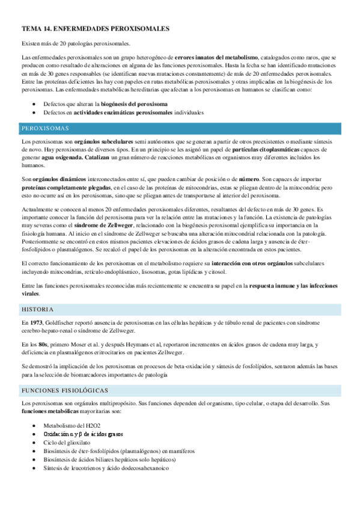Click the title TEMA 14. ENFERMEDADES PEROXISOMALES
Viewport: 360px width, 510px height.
96,28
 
